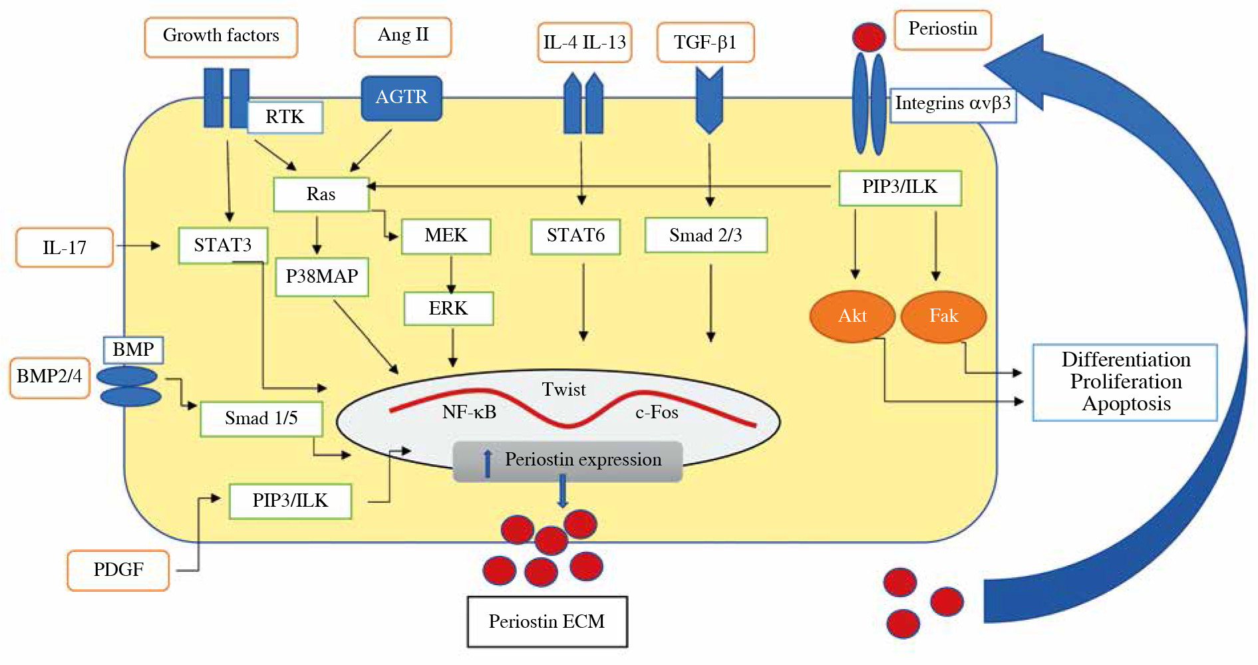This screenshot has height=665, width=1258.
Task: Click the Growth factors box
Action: (221, 37)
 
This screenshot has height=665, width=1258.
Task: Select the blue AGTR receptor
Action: (401, 98)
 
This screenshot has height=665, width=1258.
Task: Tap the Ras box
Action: (321, 194)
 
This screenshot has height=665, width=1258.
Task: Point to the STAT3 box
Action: (223, 245)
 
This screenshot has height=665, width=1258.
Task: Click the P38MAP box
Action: (322, 277)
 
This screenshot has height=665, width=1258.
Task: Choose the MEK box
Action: (446, 236)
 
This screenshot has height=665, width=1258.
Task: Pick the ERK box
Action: (448, 309)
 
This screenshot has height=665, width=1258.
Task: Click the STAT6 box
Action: (575, 236)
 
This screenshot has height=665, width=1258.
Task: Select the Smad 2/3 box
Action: (706, 235)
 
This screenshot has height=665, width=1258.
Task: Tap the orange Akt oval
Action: (852, 317)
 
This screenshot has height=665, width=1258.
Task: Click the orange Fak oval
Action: (943, 317)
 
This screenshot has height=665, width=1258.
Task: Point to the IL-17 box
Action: (65, 247)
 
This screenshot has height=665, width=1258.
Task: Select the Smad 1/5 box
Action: (261, 418)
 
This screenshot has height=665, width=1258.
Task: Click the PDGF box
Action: (118, 570)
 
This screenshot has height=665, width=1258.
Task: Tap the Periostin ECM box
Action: (547, 622)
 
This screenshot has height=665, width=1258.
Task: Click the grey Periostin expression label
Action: (567, 461)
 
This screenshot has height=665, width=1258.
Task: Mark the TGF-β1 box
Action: (705, 43)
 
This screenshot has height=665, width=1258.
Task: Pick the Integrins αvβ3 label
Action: (953, 104)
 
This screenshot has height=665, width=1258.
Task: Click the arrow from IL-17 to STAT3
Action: (138, 246)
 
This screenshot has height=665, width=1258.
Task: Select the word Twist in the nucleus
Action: (563, 390)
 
